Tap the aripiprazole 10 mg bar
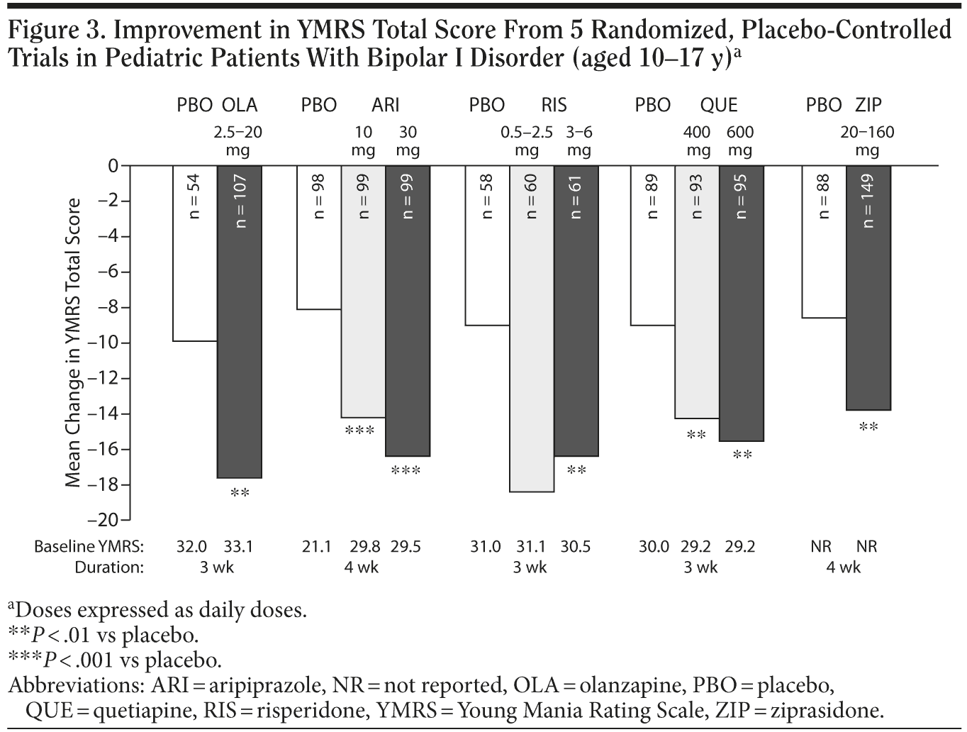363,292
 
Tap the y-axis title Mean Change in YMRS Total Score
73,343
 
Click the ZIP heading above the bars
868,106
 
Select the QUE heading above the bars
719,106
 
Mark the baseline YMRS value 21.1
317,547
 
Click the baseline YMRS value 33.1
238,547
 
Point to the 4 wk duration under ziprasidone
843,567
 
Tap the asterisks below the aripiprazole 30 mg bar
406,470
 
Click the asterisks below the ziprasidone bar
868,427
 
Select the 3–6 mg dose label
578,141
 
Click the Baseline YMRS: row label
89,547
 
